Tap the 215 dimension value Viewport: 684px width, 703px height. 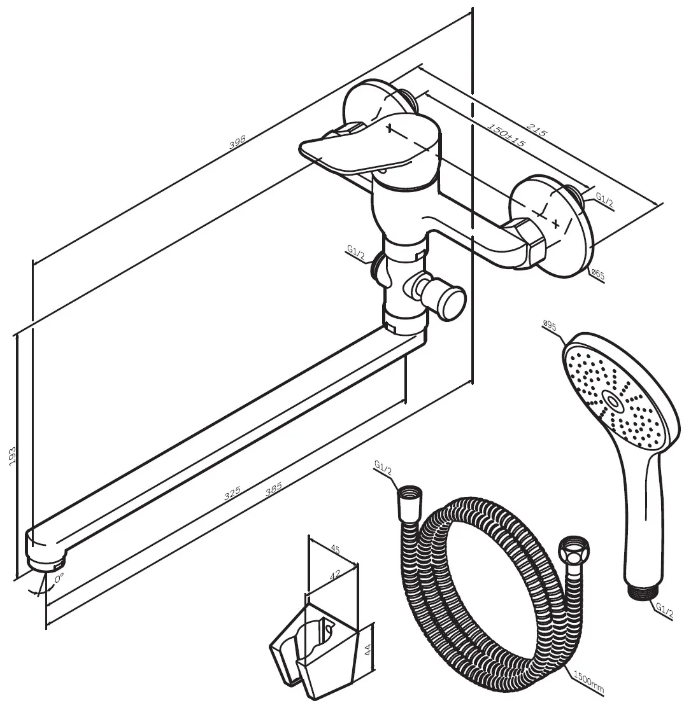(x=536, y=130)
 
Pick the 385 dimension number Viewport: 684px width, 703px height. (x=273, y=488)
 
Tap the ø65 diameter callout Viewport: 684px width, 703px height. (x=598, y=274)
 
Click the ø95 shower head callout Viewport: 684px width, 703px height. (x=550, y=324)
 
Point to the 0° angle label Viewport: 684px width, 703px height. (x=59, y=578)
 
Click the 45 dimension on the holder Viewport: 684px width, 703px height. (x=335, y=549)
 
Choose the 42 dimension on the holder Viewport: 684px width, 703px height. (x=335, y=575)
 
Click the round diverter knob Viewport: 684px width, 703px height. (x=451, y=303)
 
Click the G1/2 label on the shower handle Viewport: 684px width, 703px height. (x=664, y=611)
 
